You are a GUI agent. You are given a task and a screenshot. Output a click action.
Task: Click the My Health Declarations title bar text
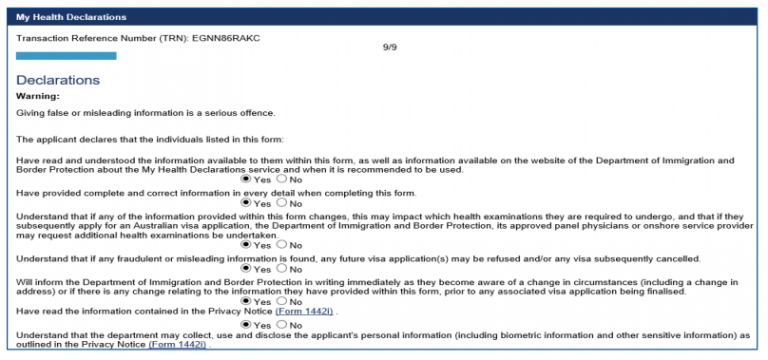(70, 18)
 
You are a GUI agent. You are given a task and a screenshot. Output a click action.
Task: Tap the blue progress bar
(66, 56)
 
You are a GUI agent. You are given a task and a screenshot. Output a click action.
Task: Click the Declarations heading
(58, 79)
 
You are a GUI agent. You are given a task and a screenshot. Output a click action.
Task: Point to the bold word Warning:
(39, 96)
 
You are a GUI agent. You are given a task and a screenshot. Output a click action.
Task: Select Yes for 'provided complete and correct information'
(247, 202)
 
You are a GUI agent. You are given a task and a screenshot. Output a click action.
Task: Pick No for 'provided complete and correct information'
(281, 202)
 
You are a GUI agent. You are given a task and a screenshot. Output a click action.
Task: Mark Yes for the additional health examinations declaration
(247, 244)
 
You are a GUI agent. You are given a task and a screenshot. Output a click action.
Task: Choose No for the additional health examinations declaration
(281, 244)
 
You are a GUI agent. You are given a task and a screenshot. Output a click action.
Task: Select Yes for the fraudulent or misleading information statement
(247, 269)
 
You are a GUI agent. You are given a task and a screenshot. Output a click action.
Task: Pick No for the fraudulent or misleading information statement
(281, 269)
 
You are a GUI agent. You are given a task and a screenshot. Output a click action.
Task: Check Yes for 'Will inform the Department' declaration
(247, 301)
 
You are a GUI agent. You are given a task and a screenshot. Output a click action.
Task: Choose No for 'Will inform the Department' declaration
(281, 301)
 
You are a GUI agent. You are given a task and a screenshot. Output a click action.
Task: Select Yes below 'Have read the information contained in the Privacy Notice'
(247, 325)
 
